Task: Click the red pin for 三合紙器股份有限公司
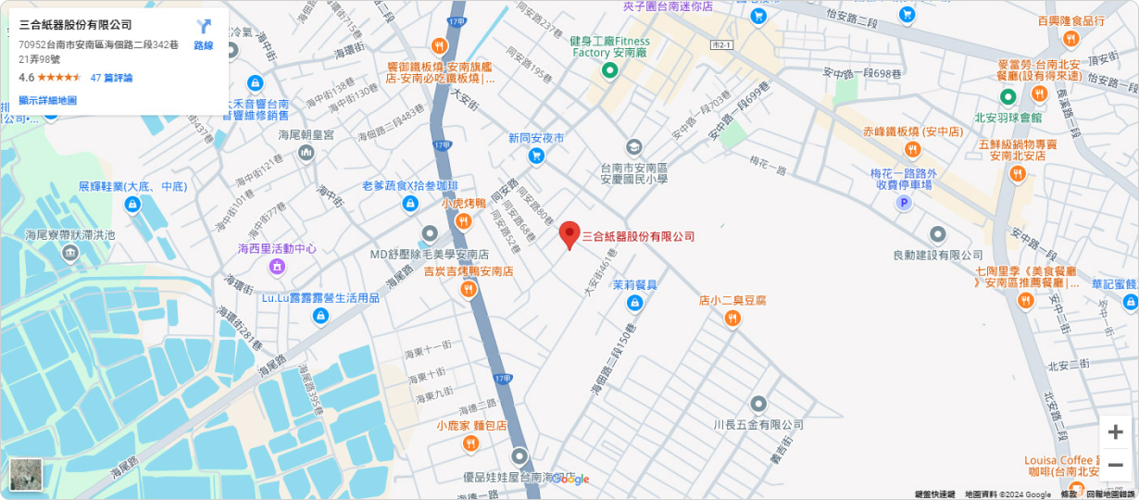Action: click(x=569, y=234)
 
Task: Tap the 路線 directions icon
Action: click(x=204, y=28)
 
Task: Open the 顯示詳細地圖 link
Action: click(x=47, y=100)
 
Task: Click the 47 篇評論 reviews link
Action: click(x=111, y=78)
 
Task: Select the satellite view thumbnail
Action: click(x=26, y=474)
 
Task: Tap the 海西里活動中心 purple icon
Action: click(x=277, y=267)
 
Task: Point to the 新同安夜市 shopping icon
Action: click(x=535, y=156)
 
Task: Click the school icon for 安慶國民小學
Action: click(x=633, y=147)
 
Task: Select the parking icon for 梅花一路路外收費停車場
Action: click(x=904, y=203)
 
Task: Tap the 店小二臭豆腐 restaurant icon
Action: click(x=732, y=319)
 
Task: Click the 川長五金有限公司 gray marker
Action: click(x=758, y=405)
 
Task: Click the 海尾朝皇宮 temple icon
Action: click(x=307, y=153)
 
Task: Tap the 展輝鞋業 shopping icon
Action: click(x=132, y=204)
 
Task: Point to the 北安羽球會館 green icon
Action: click(x=1008, y=96)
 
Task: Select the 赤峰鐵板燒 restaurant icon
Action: click(x=913, y=150)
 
